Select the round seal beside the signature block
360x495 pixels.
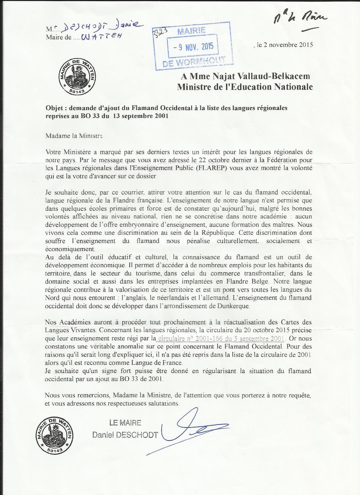pos(54,435)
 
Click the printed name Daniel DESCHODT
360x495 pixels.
pos(125,435)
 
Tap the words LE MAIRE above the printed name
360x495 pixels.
pos(125,423)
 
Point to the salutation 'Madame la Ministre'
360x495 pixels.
pos(74,136)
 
